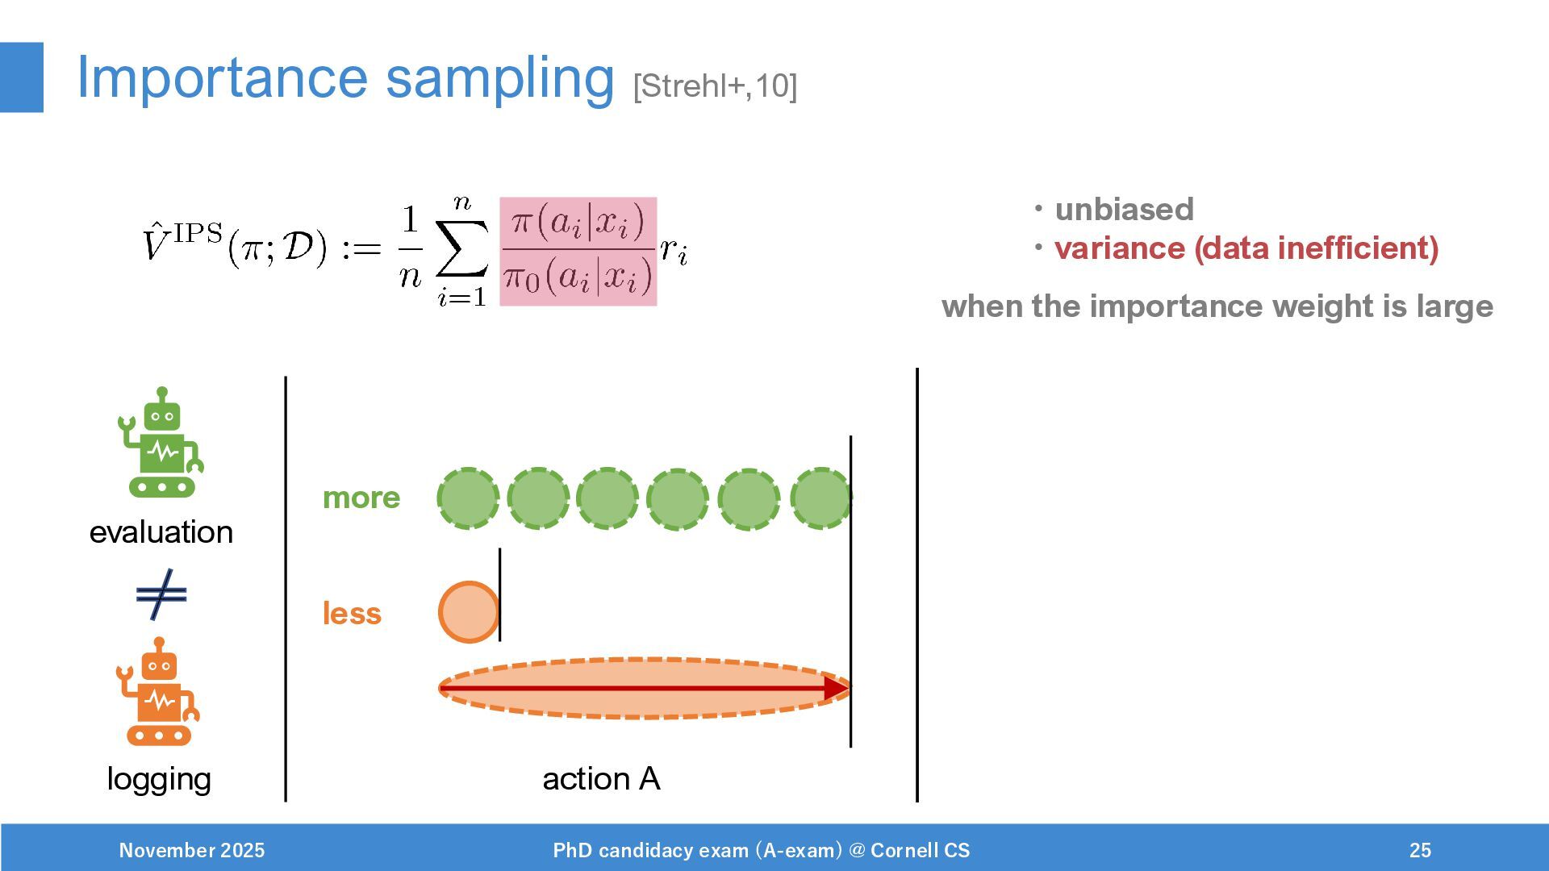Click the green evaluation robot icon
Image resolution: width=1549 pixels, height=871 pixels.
[161, 443]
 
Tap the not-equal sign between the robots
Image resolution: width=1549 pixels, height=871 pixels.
[161, 595]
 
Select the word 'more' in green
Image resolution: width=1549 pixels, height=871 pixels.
[361, 498]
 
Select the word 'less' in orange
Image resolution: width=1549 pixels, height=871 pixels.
[352, 614]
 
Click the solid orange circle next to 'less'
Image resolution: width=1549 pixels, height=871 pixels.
[469, 612]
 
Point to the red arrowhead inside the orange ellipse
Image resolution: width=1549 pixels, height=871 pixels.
[836, 688]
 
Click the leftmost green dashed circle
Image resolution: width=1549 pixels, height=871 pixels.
[468, 498]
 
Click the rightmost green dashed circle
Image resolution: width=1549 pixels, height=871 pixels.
[820, 498]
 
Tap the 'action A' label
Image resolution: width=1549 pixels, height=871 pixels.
[601, 779]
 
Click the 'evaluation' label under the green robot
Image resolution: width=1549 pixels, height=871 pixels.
[161, 532]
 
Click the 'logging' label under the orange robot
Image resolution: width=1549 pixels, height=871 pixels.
[159, 779]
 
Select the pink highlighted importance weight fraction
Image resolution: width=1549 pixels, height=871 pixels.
[578, 252]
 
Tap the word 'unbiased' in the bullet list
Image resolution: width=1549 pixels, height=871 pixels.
[1124, 210]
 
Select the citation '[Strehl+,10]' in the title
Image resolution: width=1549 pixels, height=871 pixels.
[715, 85]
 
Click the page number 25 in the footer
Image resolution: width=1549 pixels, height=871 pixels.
[1420, 850]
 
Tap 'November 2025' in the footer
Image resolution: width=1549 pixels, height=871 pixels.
[192, 850]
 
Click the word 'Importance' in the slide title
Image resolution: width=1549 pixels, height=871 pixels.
[222, 78]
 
